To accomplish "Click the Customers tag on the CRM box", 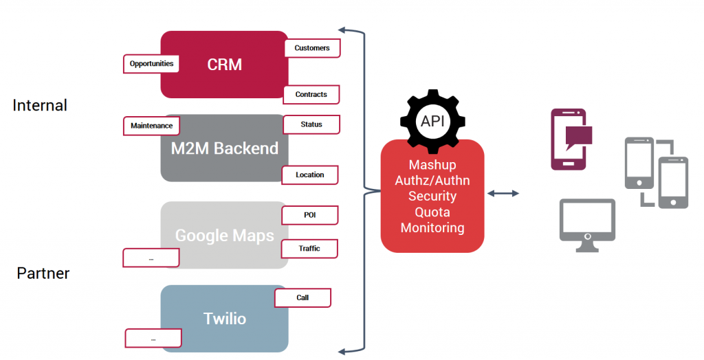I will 312,48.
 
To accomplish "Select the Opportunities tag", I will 151,64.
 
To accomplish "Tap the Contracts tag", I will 311,94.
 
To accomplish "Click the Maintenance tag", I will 152,126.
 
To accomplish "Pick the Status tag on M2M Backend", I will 311,124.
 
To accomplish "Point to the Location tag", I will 309,175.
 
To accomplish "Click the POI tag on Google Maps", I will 310,214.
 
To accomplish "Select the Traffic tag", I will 309,248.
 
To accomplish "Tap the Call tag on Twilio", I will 302,297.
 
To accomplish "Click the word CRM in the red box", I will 224,65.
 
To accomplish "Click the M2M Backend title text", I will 224,148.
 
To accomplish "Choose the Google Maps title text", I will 224,236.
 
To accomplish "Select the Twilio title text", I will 224,319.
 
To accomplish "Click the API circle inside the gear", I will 432,122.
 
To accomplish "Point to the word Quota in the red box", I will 432,212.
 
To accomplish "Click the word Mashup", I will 432,165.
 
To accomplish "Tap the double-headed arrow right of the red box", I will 503,194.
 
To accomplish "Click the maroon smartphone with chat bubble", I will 569,139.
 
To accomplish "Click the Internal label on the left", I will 40,105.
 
